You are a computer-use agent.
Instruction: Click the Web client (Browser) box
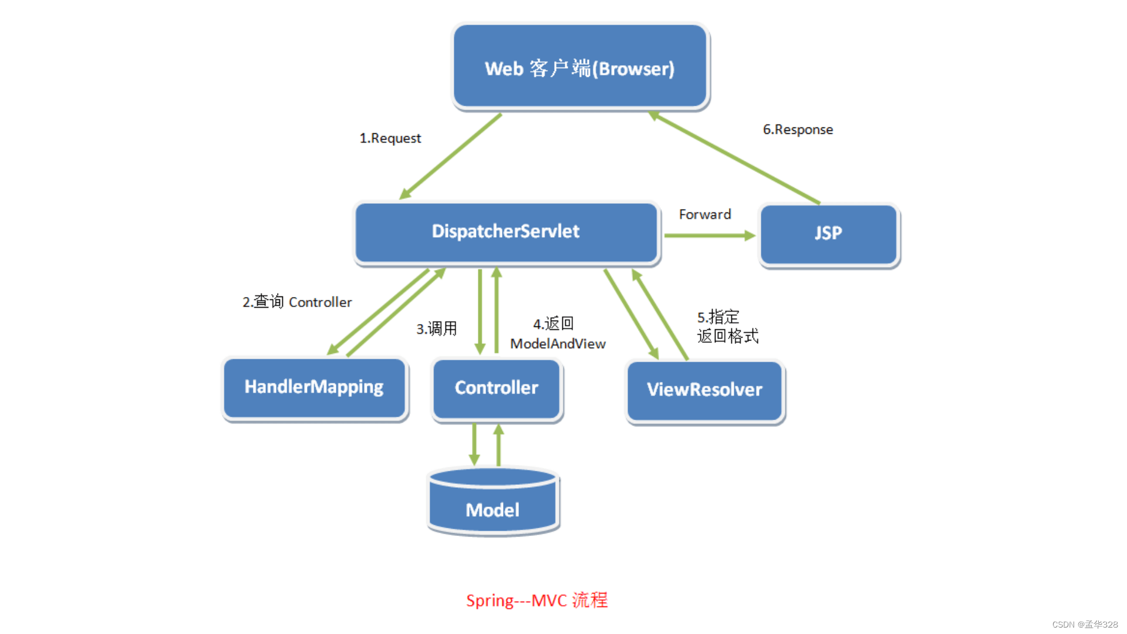click(x=580, y=66)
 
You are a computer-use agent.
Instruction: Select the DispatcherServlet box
click(x=506, y=232)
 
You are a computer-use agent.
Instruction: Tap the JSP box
click(x=828, y=234)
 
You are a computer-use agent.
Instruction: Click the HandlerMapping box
click(x=314, y=387)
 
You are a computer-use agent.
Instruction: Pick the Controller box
click(x=497, y=389)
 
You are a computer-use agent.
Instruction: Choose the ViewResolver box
click(x=704, y=390)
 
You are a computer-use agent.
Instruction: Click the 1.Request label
click(x=390, y=139)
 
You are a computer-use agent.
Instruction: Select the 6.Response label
click(x=798, y=130)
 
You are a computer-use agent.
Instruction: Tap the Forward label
click(x=705, y=215)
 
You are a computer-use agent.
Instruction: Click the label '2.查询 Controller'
click(x=297, y=302)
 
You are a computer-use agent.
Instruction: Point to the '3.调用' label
click(x=437, y=329)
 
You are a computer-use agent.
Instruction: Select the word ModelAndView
click(x=558, y=344)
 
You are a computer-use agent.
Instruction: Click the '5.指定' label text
click(x=718, y=318)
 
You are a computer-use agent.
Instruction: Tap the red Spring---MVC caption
click(x=536, y=601)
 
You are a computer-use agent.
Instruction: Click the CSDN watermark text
click(x=1085, y=625)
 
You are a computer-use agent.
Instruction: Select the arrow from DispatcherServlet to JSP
click(x=709, y=236)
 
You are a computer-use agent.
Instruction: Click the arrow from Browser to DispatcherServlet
click(x=451, y=156)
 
